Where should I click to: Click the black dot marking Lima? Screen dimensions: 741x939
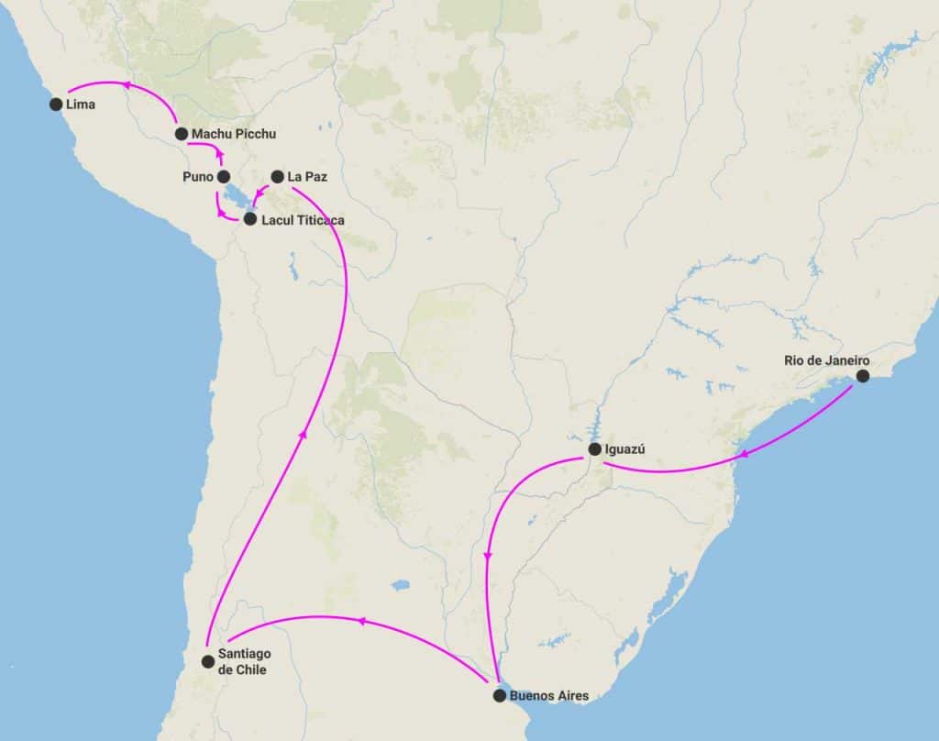(x=56, y=105)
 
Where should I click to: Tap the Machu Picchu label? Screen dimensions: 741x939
(x=233, y=134)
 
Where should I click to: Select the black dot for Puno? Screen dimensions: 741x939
(x=223, y=176)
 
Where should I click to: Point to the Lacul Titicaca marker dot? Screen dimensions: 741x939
(x=249, y=220)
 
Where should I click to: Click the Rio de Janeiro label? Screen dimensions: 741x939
(x=826, y=359)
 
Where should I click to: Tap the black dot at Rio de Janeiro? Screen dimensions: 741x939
(x=863, y=376)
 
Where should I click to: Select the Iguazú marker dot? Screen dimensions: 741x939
(x=594, y=449)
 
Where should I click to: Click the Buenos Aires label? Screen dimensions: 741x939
(x=548, y=696)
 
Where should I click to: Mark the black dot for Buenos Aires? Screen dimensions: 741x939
(x=499, y=696)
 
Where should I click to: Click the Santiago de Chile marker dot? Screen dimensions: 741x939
(x=208, y=660)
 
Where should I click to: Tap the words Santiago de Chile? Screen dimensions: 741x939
(x=243, y=661)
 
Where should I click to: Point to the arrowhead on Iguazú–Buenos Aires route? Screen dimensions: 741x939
(x=488, y=556)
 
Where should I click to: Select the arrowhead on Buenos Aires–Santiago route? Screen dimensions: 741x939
(x=360, y=621)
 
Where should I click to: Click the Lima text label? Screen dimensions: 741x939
(x=81, y=105)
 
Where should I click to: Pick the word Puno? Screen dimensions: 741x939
(x=197, y=176)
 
